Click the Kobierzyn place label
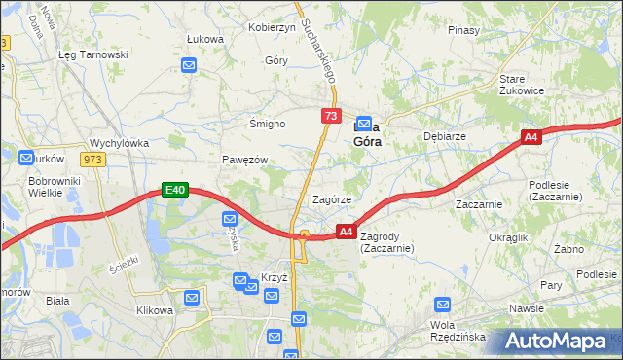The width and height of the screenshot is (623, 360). click(x=272, y=27)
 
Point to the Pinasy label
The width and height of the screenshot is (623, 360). click(x=464, y=30)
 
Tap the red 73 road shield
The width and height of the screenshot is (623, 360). click(x=330, y=117)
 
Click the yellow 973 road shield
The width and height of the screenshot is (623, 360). click(x=92, y=160)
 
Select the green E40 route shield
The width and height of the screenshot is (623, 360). click(x=174, y=191)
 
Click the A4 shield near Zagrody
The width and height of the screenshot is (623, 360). click(x=346, y=232)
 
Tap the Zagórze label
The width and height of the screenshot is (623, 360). click(x=331, y=199)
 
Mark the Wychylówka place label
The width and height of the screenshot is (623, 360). click(x=119, y=143)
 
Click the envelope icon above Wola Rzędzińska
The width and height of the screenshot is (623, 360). click(x=443, y=305)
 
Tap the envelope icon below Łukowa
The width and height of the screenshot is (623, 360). click(x=190, y=66)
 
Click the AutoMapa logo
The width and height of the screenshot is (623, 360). click(x=560, y=341)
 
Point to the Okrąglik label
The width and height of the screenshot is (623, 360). click(x=508, y=236)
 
